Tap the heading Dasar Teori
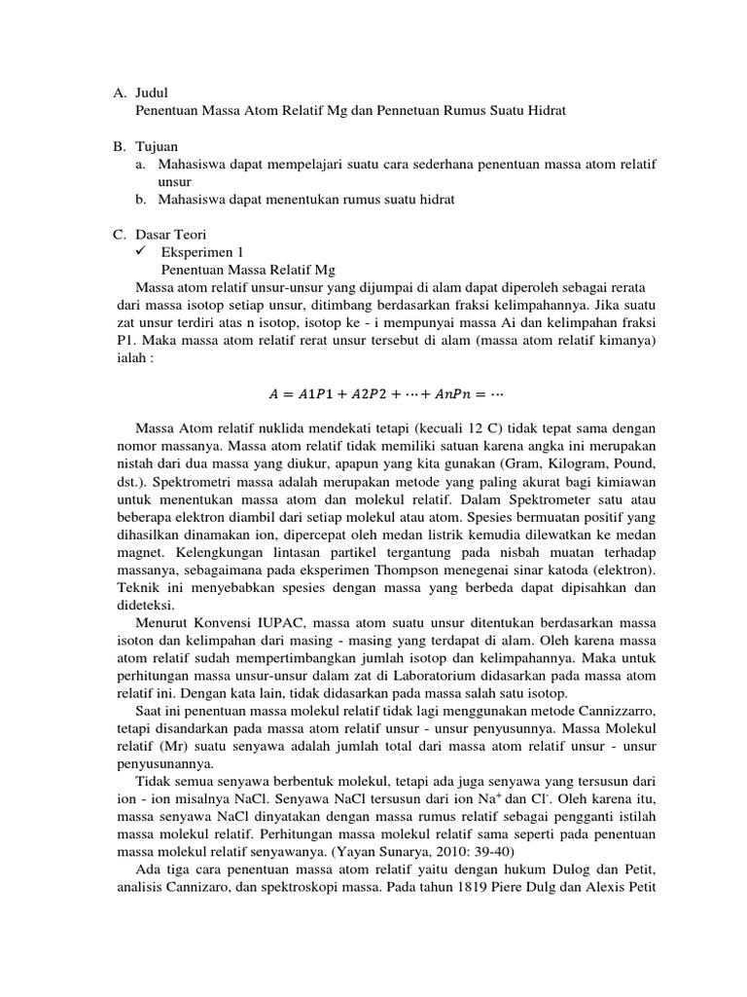tap(170, 235)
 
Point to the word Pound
tap(614, 463)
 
